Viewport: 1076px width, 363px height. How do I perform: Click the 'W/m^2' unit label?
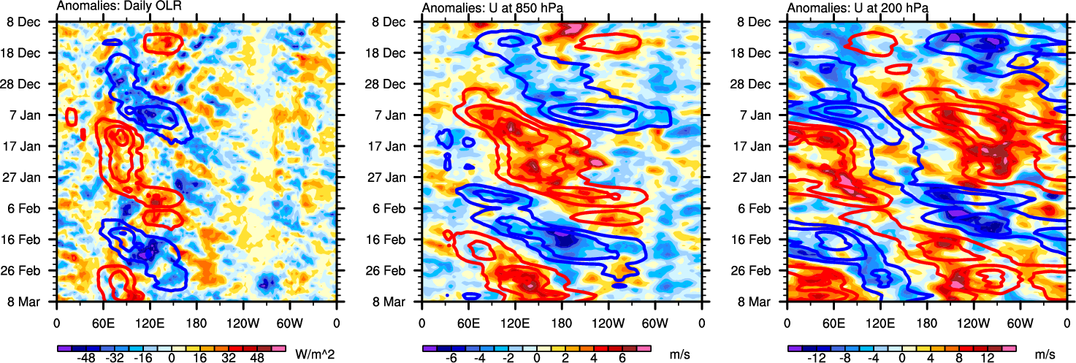(x=315, y=354)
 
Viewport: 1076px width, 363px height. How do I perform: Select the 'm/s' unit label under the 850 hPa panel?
(x=680, y=354)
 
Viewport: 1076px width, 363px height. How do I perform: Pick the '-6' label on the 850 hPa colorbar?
(x=451, y=359)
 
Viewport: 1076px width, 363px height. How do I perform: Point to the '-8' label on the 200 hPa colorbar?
(x=844, y=359)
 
